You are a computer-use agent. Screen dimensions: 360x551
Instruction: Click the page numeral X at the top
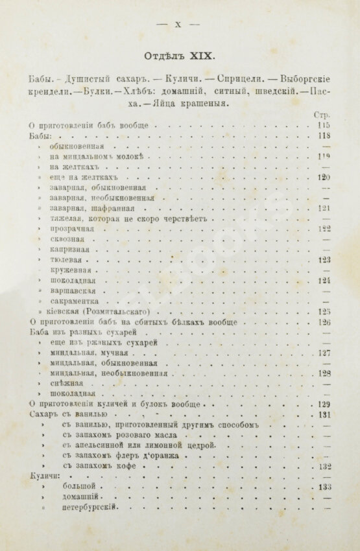178,25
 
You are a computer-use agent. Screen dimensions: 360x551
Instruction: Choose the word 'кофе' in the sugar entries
153,466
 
